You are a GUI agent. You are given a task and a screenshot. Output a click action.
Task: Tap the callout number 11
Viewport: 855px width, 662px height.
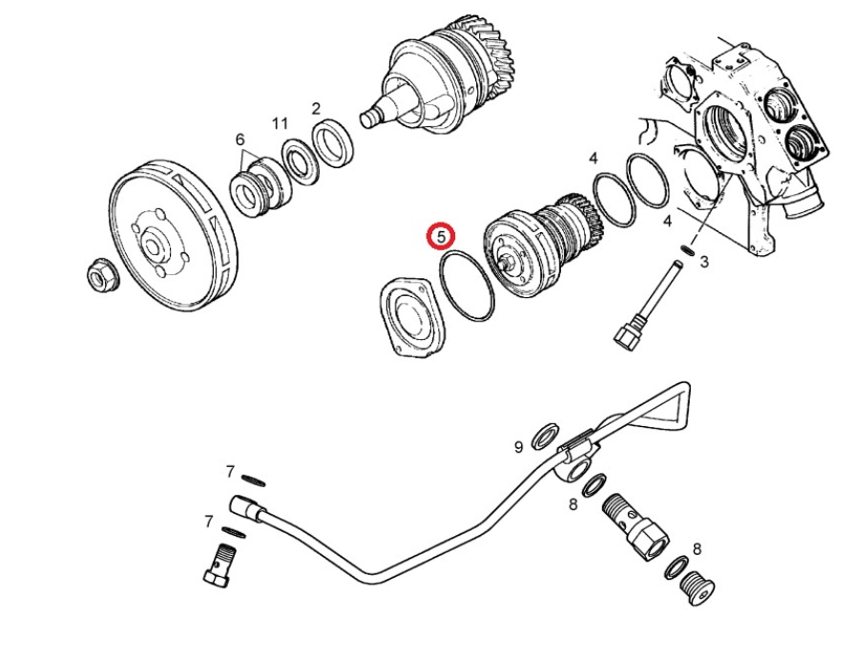click(280, 124)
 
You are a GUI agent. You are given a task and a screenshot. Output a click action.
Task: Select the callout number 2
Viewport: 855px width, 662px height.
click(316, 109)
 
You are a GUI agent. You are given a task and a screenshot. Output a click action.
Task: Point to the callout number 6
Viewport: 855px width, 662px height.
click(240, 139)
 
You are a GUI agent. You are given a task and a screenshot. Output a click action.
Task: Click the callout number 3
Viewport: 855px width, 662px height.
click(704, 261)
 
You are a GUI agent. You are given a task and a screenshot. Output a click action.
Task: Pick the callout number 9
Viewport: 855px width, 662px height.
click(519, 446)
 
